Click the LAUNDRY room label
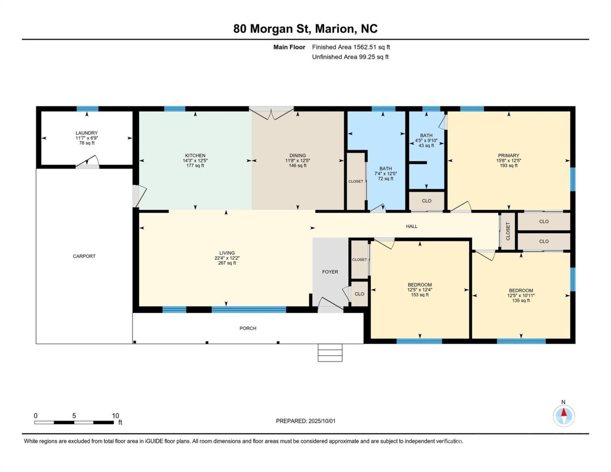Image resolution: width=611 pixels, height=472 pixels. tap(87, 133)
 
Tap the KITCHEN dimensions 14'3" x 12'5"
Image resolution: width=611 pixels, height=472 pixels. tap(195, 160)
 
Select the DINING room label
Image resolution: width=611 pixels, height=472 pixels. tap(297, 155)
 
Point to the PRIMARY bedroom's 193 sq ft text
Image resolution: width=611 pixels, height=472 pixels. tap(508, 165)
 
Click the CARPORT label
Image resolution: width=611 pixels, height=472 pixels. tap(84, 256)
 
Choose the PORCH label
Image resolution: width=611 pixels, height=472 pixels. tap(248, 328)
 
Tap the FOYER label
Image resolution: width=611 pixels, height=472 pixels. tap(330, 272)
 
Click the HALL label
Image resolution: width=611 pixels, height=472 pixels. tap(411, 226)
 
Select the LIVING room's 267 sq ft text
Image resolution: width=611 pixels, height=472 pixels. tap(227, 263)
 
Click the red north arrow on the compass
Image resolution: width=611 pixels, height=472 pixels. tap(564, 412)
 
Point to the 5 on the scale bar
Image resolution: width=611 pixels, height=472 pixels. tap(74, 415)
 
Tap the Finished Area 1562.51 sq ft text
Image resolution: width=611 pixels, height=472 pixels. tap(351, 47)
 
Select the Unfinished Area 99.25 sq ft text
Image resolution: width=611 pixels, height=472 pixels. tap(350, 57)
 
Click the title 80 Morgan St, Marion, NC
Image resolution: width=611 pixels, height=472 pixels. tap(305, 29)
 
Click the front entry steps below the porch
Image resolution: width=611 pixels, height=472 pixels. tap(330, 352)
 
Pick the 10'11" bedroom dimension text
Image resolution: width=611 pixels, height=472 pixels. tap(529, 295)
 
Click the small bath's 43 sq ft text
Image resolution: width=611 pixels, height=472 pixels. tap(426, 146)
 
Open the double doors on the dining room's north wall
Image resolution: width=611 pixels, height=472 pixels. tap(271, 113)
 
